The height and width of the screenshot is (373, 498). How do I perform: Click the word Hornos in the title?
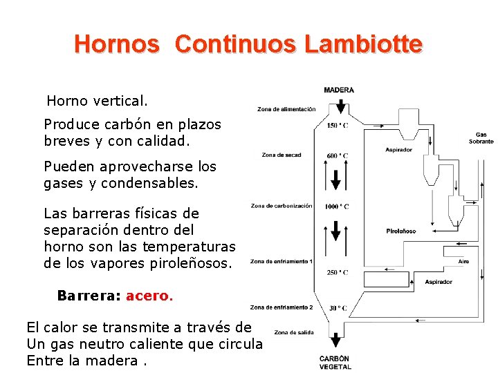(116, 44)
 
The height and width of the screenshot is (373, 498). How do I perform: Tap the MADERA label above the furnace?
(339, 90)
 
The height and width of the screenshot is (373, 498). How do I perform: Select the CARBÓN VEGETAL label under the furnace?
(335, 363)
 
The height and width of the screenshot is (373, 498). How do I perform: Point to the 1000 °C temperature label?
(337, 207)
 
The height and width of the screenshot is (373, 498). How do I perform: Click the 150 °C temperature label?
(338, 126)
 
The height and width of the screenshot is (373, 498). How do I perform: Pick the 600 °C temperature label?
(338, 155)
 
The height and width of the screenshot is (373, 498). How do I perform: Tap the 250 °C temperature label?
(338, 272)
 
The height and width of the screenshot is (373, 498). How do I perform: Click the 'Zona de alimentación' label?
(286, 109)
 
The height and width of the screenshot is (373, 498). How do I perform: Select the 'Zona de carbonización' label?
(281, 206)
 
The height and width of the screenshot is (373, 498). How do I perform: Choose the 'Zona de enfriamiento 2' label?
(282, 307)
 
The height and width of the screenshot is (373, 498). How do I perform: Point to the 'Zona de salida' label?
(294, 333)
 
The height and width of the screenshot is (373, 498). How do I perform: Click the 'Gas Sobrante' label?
(481, 138)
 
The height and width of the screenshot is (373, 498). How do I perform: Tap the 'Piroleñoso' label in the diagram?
(401, 231)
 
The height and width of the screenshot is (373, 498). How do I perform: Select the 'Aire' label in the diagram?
(463, 262)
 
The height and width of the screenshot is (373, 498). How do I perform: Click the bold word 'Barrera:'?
(89, 296)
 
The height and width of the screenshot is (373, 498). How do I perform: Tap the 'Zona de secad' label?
(282, 155)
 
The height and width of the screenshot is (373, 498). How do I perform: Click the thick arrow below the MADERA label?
(339, 107)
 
